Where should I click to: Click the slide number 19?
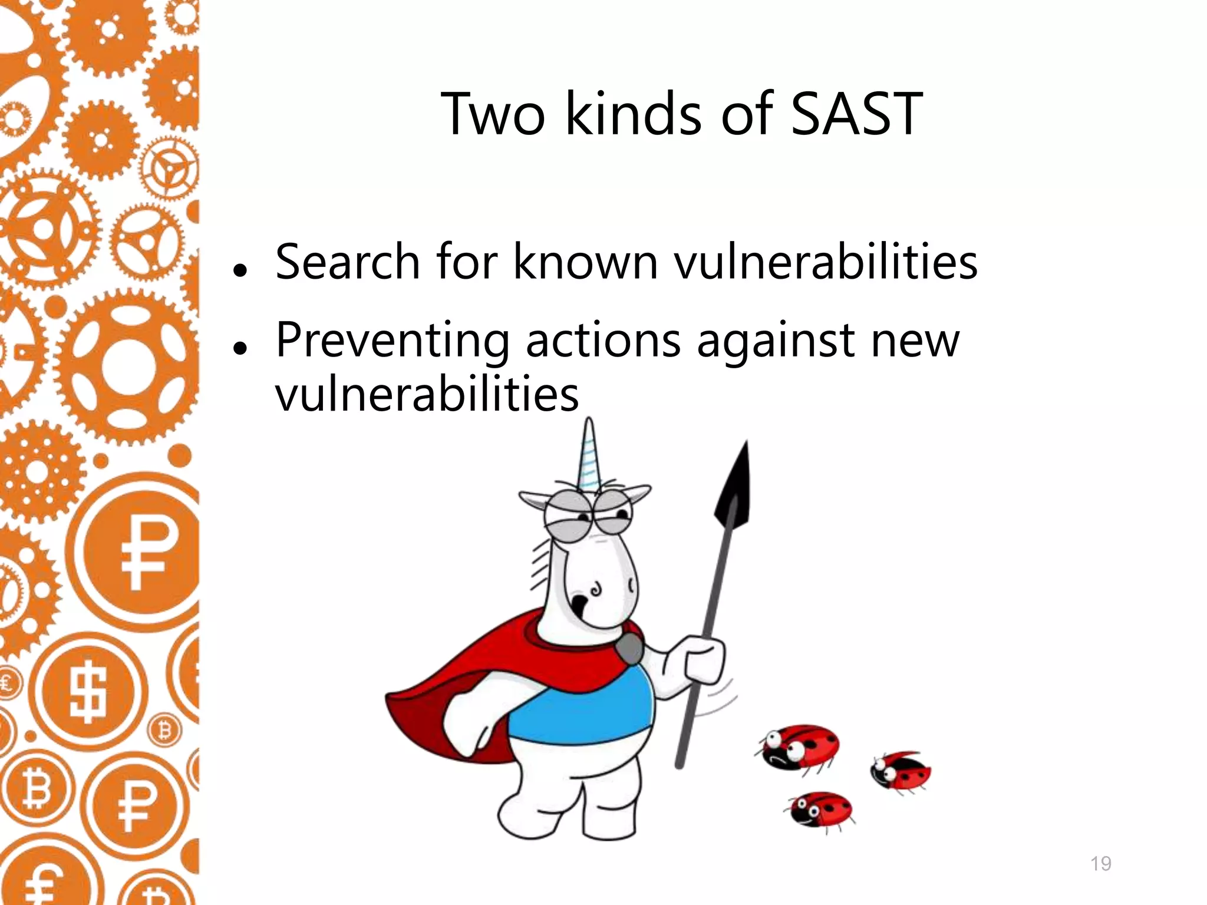[1100, 864]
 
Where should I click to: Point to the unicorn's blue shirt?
[583, 707]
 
